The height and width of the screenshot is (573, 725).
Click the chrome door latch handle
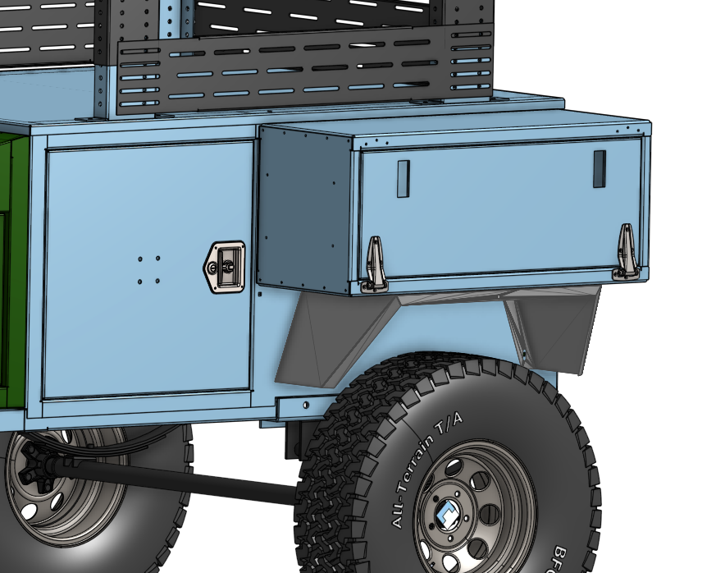[x=225, y=266]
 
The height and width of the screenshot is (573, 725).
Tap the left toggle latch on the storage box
[x=374, y=263]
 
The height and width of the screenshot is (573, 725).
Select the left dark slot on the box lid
[x=403, y=178]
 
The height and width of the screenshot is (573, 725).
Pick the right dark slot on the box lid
[x=599, y=168]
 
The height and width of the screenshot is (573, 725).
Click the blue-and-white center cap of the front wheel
[x=449, y=517]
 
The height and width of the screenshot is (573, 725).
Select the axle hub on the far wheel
[x=33, y=468]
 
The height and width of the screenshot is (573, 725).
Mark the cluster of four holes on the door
[x=148, y=270]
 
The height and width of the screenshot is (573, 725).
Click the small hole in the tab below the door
[x=306, y=404]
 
